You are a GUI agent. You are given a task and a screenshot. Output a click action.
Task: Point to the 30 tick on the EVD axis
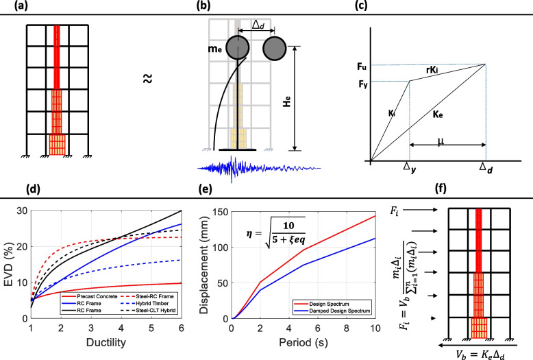click(23, 211)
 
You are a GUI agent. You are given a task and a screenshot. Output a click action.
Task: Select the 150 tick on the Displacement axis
click(220, 211)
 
